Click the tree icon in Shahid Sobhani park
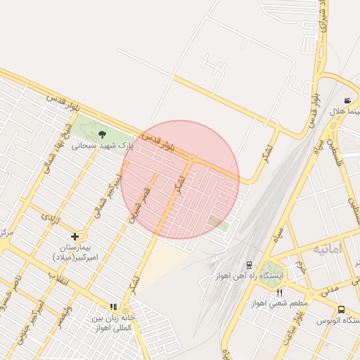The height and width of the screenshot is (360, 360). (102, 134)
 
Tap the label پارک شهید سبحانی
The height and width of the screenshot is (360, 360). (103, 146)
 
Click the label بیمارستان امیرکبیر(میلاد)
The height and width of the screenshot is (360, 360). (76, 253)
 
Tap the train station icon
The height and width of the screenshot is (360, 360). (249, 266)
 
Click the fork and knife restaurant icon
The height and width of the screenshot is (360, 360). (280, 293)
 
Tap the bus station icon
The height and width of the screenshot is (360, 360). (342, 310)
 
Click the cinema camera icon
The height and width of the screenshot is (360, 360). (347, 101)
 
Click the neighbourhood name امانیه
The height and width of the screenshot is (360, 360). (328, 249)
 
